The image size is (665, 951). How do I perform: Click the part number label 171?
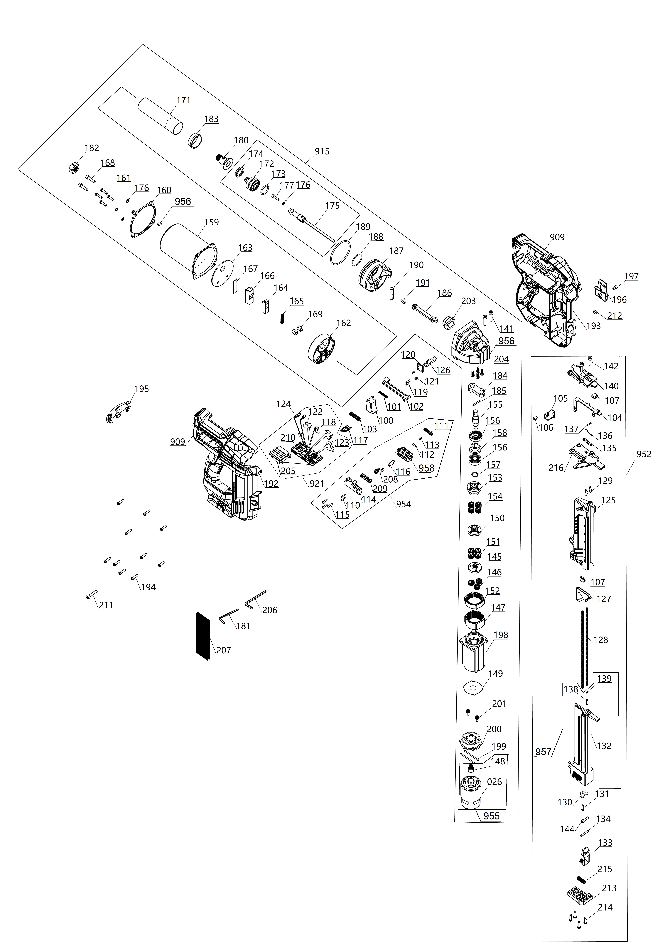(183, 100)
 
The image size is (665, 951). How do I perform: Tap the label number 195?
(142, 389)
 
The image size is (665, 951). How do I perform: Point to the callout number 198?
(501, 635)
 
